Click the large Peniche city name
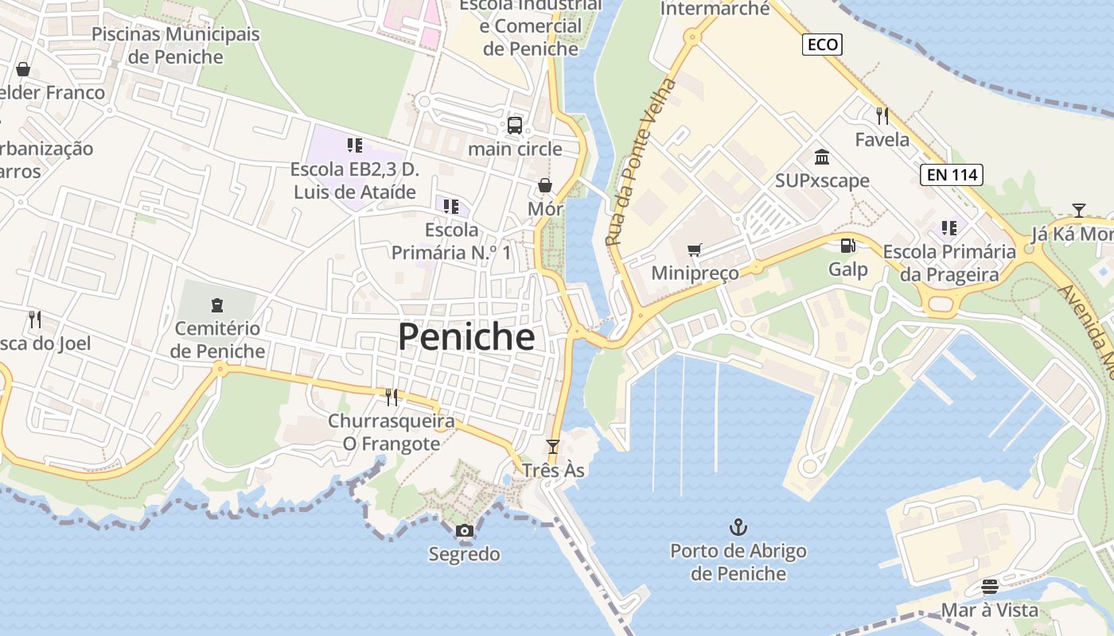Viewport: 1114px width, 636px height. click(466, 337)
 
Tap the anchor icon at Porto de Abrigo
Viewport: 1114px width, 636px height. click(738, 527)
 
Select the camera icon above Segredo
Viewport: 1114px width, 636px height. click(465, 530)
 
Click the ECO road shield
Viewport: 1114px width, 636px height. click(822, 45)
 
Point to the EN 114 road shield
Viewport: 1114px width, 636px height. click(951, 175)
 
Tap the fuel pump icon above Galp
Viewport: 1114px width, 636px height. click(848, 246)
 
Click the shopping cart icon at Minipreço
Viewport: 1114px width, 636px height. click(694, 250)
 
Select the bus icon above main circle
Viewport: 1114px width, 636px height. click(515, 125)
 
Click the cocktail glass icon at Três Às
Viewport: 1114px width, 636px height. click(553, 447)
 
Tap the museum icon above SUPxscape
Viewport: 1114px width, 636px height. click(822, 157)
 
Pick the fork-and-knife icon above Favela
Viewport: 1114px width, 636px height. click(882, 116)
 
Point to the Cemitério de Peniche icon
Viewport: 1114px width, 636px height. click(216, 304)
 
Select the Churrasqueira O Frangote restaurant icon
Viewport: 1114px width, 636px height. click(391, 397)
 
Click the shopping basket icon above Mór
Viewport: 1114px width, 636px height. click(545, 185)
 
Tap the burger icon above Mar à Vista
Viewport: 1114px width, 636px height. click(990, 587)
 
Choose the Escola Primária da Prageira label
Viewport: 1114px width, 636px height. click(949, 263)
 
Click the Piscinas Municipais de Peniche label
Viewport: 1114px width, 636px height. click(176, 45)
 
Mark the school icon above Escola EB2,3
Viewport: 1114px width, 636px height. click(355, 145)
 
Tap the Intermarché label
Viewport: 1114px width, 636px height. click(715, 9)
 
